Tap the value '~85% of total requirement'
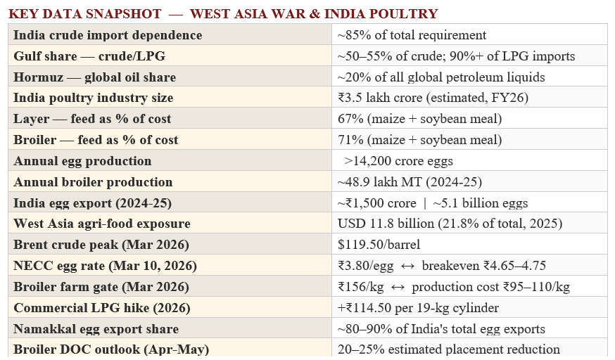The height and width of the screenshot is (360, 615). [x=412, y=35]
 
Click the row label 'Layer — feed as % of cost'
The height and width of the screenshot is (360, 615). [x=92, y=119]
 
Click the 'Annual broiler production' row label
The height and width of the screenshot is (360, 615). [x=93, y=182]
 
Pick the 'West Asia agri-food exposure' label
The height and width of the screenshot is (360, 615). [x=102, y=224]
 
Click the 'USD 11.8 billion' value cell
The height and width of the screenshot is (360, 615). [x=450, y=224]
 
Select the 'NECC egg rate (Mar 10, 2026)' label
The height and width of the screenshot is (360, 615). [x=105, y=266]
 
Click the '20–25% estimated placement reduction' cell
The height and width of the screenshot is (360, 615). [x=448, y=349]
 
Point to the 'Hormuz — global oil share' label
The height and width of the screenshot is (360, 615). [x=94, y=77]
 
